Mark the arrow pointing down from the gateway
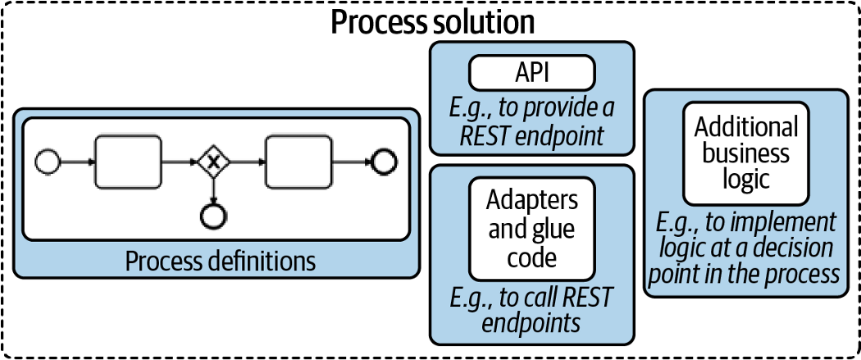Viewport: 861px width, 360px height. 213,190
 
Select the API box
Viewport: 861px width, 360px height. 531,74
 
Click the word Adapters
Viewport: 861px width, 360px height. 531,200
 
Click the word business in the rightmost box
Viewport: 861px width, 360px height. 745,153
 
